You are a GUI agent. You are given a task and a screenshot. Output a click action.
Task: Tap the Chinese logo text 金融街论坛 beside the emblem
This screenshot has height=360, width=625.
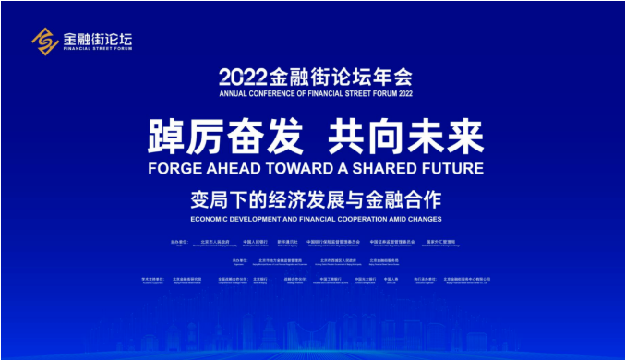(97, 38)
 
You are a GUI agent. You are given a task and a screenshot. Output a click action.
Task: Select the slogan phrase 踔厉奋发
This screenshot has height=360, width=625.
(225, 138)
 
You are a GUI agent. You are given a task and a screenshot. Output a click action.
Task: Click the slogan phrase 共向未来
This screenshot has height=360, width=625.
(406, 138)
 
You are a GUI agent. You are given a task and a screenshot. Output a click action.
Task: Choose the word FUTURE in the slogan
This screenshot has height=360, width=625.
(454, 169)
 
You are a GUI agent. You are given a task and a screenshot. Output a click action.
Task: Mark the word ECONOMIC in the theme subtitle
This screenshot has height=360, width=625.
(211, 220)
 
